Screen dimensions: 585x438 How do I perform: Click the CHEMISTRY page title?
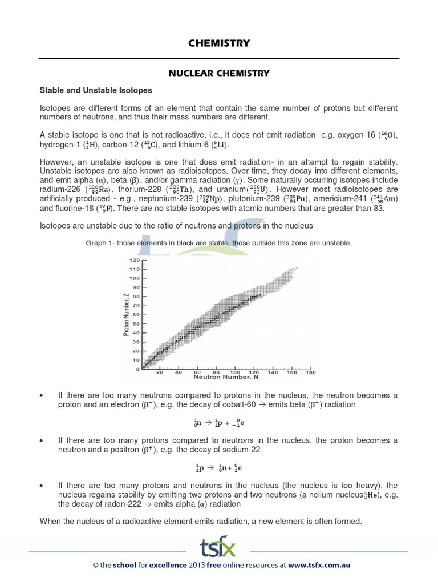coord(219,43)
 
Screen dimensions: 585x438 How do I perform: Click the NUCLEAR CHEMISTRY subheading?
coord(218,73)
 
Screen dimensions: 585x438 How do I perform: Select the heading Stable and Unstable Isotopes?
coord(95,90)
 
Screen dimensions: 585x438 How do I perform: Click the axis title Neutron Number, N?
coord(222,378)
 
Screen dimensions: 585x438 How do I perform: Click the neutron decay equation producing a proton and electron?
coord(219,423)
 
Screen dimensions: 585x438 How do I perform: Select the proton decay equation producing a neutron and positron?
coord(219,467)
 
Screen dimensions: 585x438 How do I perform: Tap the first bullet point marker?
coord(42,395)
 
